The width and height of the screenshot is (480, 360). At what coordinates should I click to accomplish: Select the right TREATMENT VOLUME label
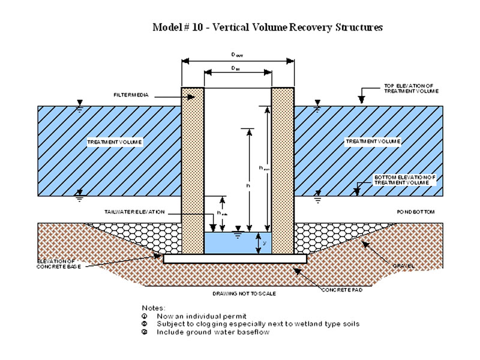373,141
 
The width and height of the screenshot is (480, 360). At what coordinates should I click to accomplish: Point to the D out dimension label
238,55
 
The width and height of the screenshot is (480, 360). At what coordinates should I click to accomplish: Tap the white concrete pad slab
235,259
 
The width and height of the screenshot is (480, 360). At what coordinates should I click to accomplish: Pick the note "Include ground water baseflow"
213,332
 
